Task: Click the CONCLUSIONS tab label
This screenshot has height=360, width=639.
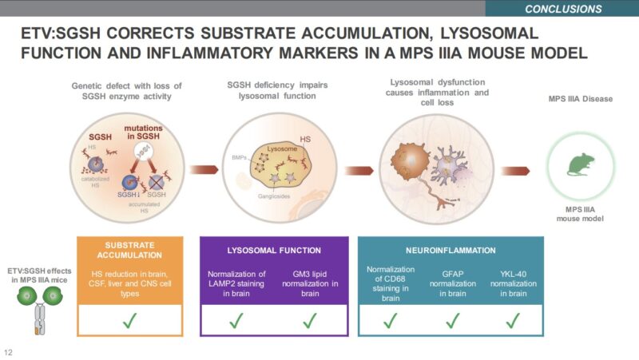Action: coord(563,9)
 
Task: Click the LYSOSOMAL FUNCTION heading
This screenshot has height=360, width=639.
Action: coord(275,250)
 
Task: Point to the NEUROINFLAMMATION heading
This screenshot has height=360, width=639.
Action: coord(451,250)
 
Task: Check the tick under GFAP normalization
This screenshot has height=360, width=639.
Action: coord(452,321)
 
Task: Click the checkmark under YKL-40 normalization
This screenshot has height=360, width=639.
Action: coord(513,321)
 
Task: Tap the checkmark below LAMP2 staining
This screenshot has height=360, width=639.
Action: coord(236,321)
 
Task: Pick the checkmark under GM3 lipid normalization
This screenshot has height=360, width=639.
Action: coord(308,321)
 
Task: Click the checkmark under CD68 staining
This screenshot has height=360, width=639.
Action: coord(391,321)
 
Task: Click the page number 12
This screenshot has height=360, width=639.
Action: coord(9,352)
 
